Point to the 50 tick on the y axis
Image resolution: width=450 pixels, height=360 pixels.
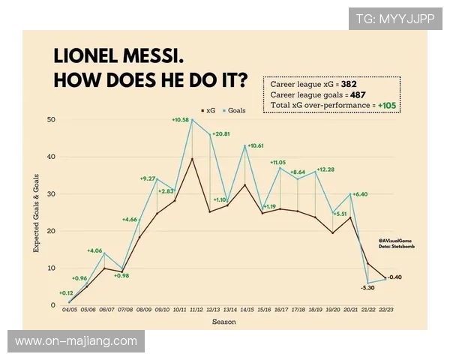pos(52,119)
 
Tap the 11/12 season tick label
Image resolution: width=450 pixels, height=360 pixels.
pos(196,310)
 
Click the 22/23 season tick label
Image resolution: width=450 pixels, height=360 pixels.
pos(386,310)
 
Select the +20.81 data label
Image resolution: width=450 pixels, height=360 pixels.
pos(222,133)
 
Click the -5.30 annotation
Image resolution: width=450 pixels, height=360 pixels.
pos(367,287)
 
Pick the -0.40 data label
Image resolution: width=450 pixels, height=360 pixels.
pos(396,277)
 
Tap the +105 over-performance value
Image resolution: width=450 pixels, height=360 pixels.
pos(387,106)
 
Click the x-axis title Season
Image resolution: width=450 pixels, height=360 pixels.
pos(223,322)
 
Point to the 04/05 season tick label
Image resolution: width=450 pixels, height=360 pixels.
pos(69,310)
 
